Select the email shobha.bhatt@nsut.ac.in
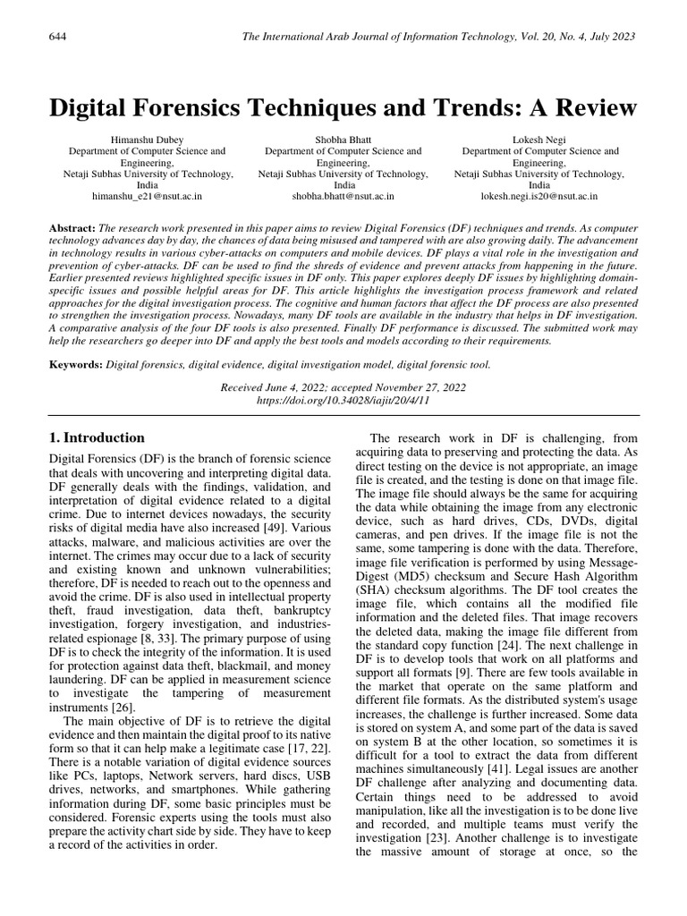(x=343, y=195)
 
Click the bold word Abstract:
(x=72, y=230)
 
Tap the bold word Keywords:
(x=75, y=364)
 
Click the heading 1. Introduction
(x=97, y=438)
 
